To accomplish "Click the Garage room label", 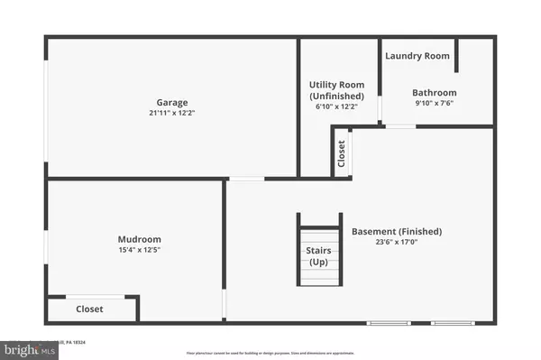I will tap(170, 102).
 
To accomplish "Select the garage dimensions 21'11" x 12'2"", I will tap(170, 114).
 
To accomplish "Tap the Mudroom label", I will tap(133, 239).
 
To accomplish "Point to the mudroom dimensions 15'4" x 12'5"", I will tap(133, 250).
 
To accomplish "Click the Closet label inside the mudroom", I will tap(89, 309).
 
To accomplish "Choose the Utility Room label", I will tap(336, 85).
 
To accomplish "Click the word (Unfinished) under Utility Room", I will tap(336, 96).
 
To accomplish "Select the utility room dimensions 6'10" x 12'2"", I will tap(336, 106).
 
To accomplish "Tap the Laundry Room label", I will tap(417, 56).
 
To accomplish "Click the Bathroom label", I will tap(435, 92).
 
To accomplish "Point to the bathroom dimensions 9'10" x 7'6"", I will tap(435, 103).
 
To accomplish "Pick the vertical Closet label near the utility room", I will tap(341, 153).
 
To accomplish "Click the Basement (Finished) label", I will tap(397, 231).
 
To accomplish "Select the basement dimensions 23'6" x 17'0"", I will tap(397, 242).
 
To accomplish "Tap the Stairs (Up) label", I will tap(319, 256).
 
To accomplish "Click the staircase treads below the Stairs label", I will tap(319, 276).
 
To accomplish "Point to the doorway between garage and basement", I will tap(246, 179).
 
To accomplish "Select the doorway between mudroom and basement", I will tap(225, 303).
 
